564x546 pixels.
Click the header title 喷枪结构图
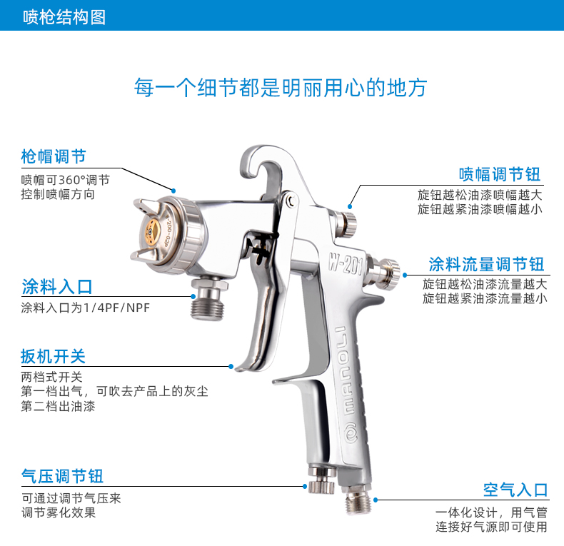click(x=64, y=17)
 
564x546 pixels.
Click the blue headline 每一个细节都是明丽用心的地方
click(x=281, y=87)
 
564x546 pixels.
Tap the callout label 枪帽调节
click(x=54, y=156)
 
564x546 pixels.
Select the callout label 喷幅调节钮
click(x=500, y=174)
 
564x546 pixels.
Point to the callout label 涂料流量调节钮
click(x=486, y=264)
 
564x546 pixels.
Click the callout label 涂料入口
click(x=57, y=287)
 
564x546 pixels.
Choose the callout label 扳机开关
click(x=53, y=356)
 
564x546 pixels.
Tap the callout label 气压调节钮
click(x=62, y=476)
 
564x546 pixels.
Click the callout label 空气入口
click(x=515, y=490)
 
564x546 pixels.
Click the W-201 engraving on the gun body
click(x=346, y=264)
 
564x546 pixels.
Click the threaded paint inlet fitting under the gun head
click(x=208, y=298)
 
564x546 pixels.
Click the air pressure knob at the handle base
click(x=322, y=481)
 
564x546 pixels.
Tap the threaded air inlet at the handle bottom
click(x=357, y=499)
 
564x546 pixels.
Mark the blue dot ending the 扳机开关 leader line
click(x=231, y=367)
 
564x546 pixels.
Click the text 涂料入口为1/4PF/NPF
click(x=85, y=308)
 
